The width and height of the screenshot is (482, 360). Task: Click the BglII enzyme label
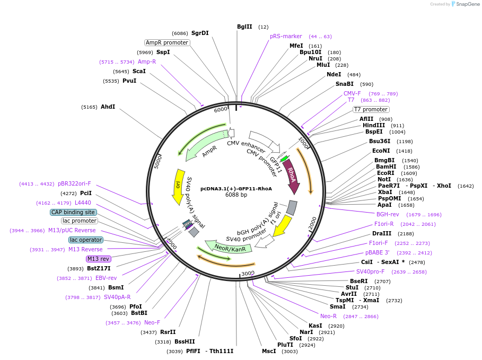(x=244, y=27)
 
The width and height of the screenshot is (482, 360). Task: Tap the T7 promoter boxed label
(x=371, y=110)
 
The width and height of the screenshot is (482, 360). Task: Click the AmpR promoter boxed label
(x=167, y=42)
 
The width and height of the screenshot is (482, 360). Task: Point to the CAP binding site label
(x=73, y=212)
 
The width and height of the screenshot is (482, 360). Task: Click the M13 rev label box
(x=98, y=259)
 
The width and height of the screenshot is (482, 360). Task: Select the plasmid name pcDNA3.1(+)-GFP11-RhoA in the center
(x=236, y=188)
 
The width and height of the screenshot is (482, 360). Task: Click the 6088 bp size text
(x=236, y=195)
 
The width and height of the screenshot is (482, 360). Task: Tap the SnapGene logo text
(x=465, y=4)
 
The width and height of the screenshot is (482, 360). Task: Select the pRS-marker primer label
(x=286, y=37)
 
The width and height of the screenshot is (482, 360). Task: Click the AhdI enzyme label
(x=108, y=107)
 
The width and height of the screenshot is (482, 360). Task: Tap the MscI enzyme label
(x=269, y=351)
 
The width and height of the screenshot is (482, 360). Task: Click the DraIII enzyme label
(x=382, y=233)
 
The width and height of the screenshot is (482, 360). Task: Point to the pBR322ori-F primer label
(x=74, y=183)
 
